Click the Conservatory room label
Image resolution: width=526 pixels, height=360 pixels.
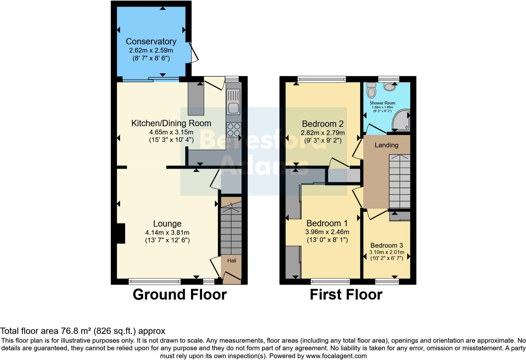pyautogui.click(x=151, y=41)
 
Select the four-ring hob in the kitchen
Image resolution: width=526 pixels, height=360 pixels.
pyautogui.click(x=233, y=129)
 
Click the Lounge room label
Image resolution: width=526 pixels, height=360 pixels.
pyautogui.click(x=167, y=224)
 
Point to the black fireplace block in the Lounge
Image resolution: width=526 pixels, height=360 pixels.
pyautogui.click(x=121, y=233)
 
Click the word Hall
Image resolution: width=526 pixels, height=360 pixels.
pyautogui.click(x=232, y=261)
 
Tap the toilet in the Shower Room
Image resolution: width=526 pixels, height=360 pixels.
pyautogui.click(x=372, y=91)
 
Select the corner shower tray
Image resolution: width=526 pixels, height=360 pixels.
pyautogui.click(x=402, y=121)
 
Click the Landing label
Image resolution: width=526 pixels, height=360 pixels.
pyautogui.click(x=386, y=145)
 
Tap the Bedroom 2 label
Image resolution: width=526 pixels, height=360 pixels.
pyautogui.click(x=322, y=124)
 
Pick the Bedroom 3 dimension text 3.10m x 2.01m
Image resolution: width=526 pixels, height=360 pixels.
pyautogui.click(x=387, y=252)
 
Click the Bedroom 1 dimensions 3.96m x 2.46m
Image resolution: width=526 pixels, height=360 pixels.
pyautogui.click(x=327, y=232)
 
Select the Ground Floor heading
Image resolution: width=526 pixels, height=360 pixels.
pyautogui.click(x=180, y=295)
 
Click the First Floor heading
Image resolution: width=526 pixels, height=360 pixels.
pyautogui.click(x=346, y=295)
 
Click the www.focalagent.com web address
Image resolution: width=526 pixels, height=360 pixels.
pyautogui.click(x=336, y=356)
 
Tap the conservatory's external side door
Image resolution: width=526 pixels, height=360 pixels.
pyautogui.click(x=194, y=52)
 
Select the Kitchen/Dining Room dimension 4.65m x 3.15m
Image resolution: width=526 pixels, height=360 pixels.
pyautogui.click(x=171, y=132)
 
